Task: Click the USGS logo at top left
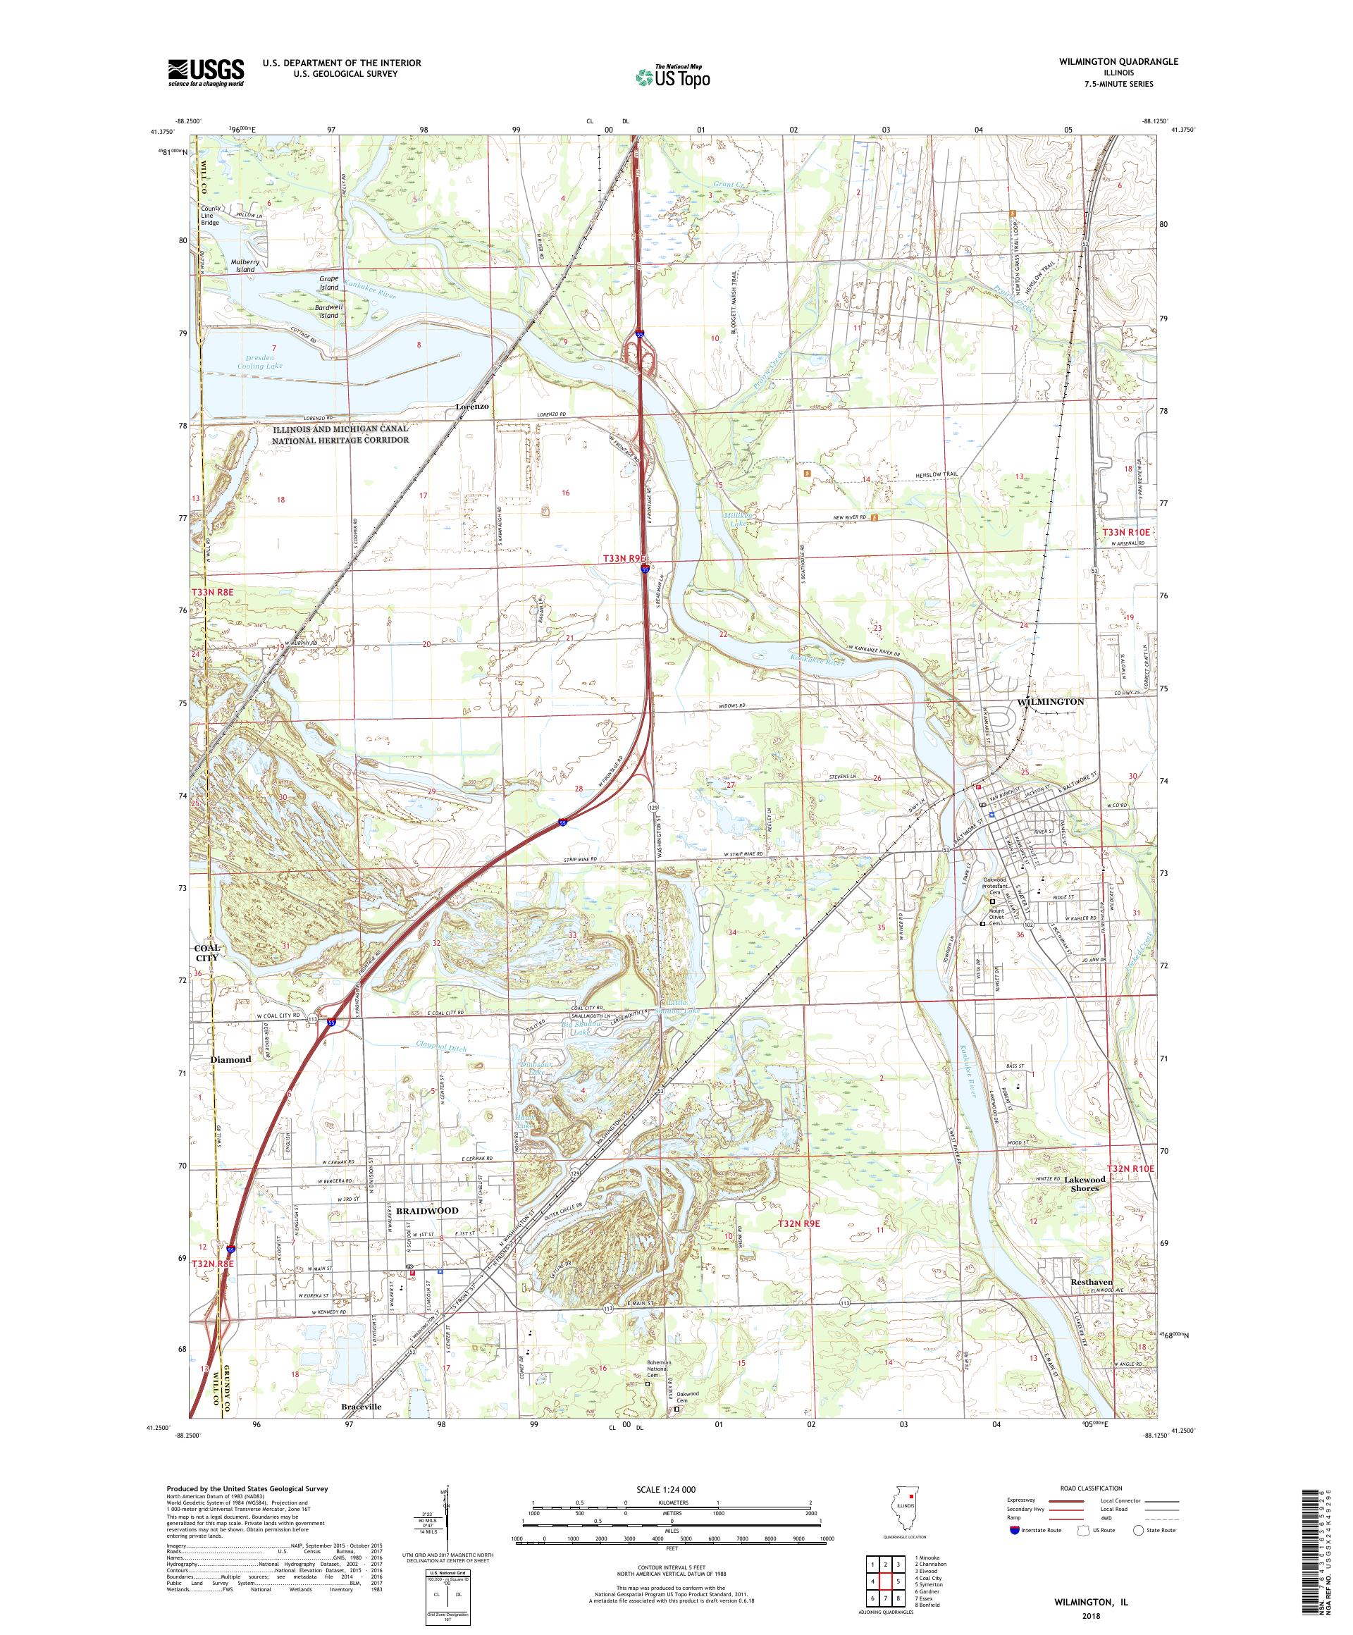click(206, 73)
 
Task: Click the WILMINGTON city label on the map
click(1050, 701)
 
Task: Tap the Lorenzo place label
click(473, 407)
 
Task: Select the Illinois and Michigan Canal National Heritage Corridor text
click(340, 434)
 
